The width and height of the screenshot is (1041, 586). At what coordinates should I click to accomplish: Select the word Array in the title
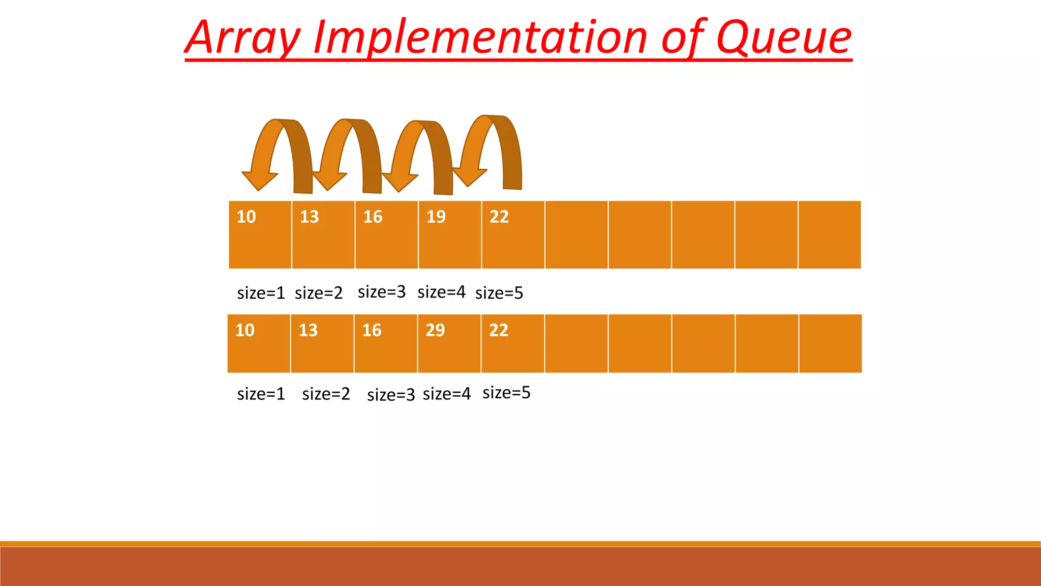[243, 38]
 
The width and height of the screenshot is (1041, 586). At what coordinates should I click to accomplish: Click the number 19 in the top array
[436, 217]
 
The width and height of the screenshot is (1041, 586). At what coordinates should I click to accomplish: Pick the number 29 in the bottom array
[435, 330]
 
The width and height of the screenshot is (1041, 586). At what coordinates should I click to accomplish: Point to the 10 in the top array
[247, 217]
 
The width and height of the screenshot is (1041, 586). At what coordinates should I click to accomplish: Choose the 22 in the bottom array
[499, 330]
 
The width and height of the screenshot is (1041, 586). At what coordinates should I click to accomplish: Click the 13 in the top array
[310, 217]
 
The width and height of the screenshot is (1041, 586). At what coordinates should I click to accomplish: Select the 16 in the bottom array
[372, 330]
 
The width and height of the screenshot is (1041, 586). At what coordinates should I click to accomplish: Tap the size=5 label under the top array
[499, 293]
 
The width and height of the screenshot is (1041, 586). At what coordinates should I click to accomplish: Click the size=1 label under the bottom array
[261, 394]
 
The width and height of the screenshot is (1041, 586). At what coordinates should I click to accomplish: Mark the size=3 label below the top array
[382, 292]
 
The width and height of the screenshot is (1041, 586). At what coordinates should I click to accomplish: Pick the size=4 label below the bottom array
[447, 394]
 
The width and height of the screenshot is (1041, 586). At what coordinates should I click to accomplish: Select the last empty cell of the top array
[830, 235]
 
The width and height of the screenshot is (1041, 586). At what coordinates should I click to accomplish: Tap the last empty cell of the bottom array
[831, 343]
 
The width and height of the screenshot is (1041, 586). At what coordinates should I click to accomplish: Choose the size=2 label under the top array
[319, 293]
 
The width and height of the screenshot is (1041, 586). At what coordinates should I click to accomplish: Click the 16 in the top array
[373, 217]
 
